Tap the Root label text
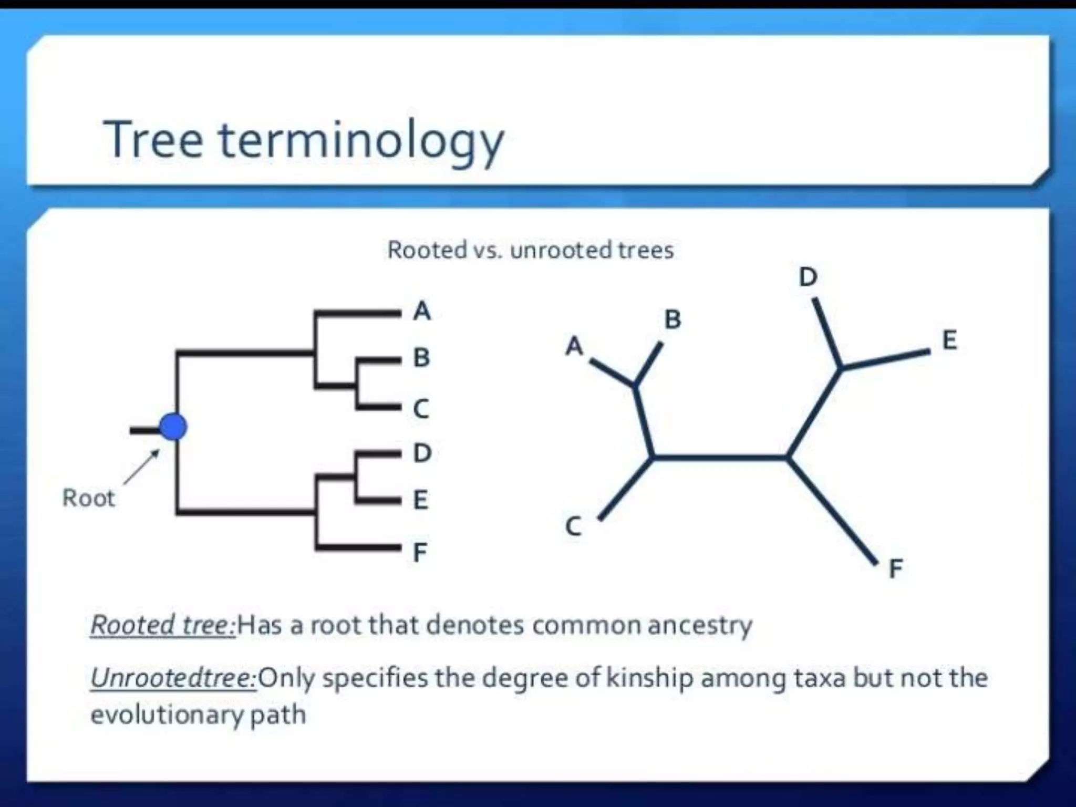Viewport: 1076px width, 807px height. tap(88, 498)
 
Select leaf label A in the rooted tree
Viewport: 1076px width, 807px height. tap(422, 311)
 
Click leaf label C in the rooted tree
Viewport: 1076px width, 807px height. tap(421, 409)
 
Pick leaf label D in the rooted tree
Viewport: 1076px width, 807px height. tap(422, 453)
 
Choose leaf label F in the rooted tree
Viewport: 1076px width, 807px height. tap(420, 552)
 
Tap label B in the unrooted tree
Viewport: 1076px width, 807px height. tap(673, 319)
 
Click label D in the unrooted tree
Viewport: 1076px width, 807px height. tap(808, 277)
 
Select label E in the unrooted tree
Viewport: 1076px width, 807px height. tap(949, 340)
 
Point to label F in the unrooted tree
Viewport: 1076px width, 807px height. tap(896, 568)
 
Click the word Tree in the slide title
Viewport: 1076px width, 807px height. tap(153, 139)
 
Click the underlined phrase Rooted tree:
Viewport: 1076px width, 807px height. tap(163, 625)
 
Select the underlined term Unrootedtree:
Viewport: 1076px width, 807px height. tap(173, 678)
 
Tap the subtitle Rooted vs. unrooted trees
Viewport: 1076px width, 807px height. tap(530, 250)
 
